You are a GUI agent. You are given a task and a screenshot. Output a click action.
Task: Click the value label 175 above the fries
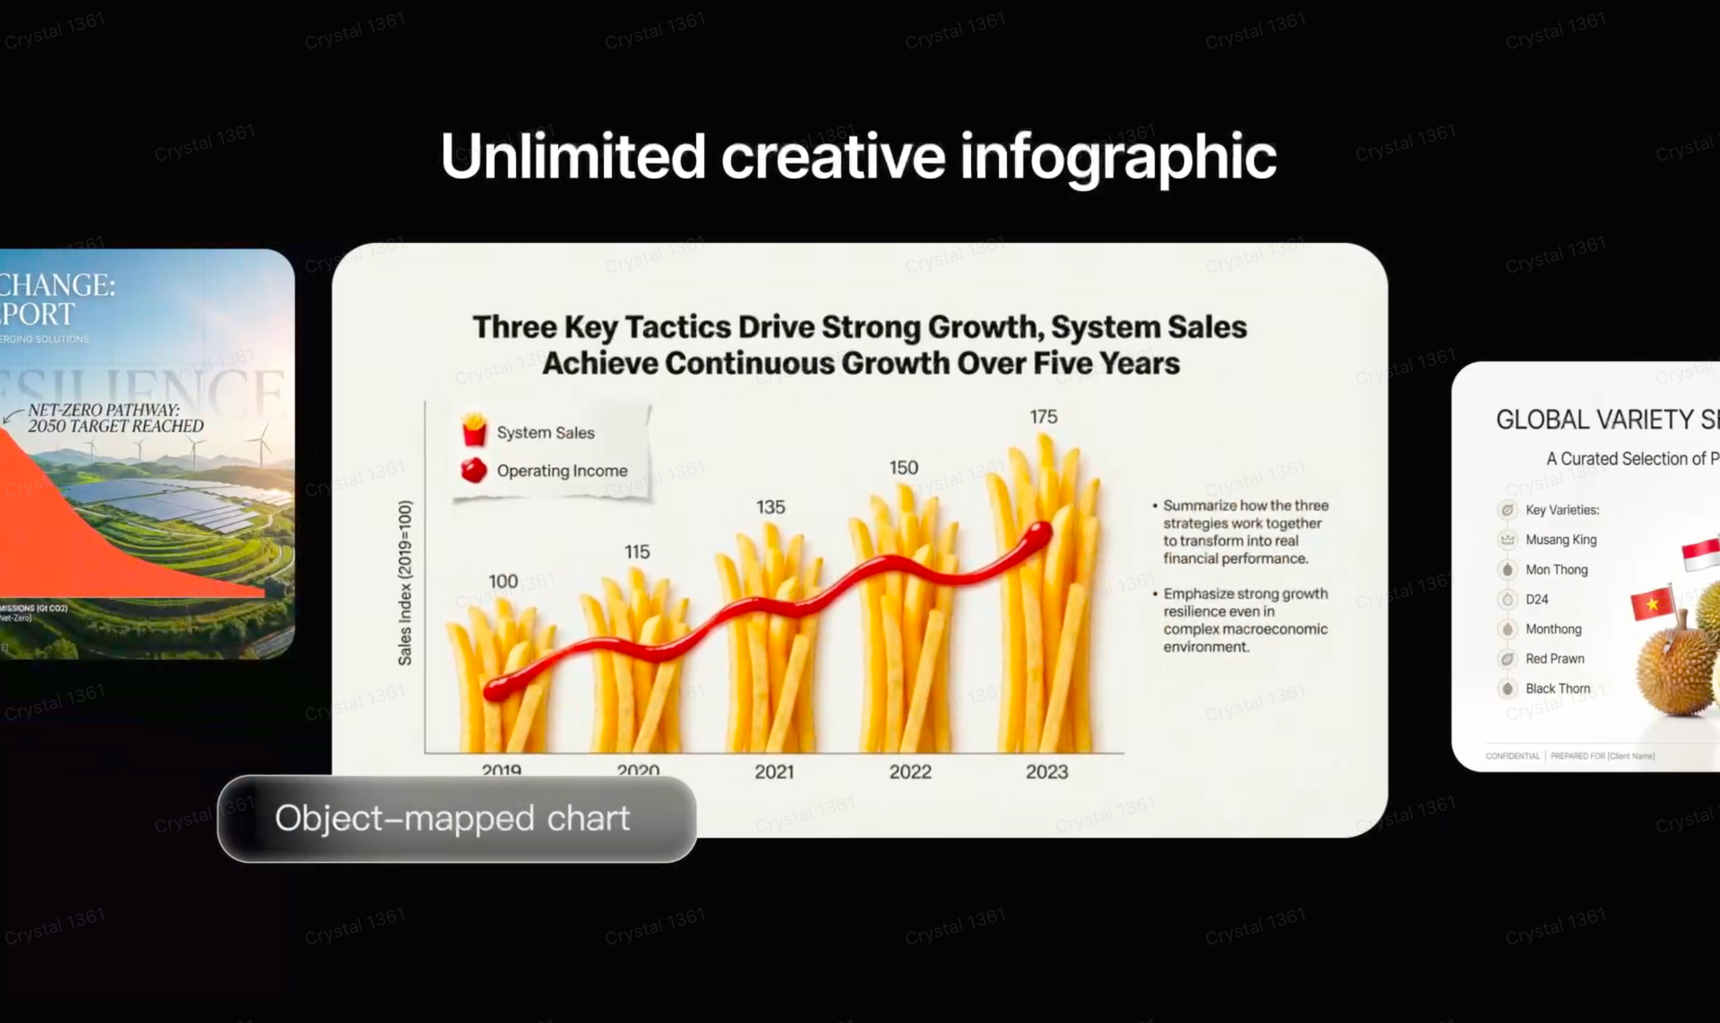tap(1043, 417)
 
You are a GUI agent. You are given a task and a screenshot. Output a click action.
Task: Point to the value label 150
tap(903, 468)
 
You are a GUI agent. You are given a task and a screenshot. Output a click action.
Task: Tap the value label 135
tap(770, 507)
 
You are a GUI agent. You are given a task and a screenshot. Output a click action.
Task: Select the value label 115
tap(637, 552)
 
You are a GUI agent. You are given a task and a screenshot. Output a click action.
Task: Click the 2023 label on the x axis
tap(1047, 772)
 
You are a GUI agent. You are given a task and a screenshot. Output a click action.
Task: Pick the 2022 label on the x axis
tap(910, 772)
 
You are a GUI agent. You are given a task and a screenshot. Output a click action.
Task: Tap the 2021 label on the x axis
tap(774, 772)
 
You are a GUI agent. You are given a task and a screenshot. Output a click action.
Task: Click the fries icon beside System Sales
tap(474, 430)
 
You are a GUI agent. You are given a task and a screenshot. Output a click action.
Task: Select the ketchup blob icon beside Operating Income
tap(473, 470)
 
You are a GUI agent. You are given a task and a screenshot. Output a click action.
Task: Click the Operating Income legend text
tap(562, 471)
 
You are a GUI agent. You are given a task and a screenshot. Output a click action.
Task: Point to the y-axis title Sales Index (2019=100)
tap(405, 583)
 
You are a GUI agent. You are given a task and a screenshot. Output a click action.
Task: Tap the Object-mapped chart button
tap(456, 819)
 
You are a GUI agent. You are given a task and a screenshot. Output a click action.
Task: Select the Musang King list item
tap(1561, 539)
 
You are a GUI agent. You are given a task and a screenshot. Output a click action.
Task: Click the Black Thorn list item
tap(1557, 688)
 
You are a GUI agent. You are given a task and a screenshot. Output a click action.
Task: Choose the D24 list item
tap(1537, 600)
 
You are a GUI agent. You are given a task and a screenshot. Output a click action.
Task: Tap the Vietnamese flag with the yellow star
tap(1653, 603)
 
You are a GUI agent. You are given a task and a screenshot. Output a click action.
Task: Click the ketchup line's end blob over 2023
tap(1039, 534)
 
